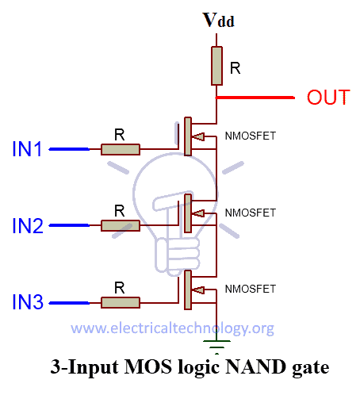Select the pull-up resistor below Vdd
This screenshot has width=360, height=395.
click(x=216, y=65)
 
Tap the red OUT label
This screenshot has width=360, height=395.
click(x=328, y=98)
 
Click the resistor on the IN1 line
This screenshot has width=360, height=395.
click(x=120, y=149)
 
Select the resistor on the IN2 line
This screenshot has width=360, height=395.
click(x=120, y=226)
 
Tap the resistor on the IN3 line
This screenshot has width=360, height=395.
click(x=120, y=302)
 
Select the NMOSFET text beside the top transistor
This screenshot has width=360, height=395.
click(x=251, y=136)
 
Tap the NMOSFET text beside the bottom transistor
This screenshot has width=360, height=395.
click(x=251, y=288)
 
